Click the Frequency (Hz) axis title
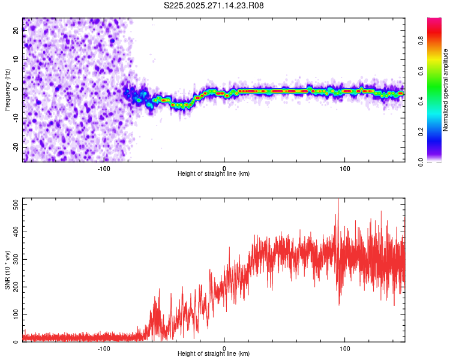tap(7, 89)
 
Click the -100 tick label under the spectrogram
tap(104, 169)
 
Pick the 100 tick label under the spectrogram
tap(344, 169)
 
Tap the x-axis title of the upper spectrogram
tap(214, 174)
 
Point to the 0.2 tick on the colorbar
tap(421, 131)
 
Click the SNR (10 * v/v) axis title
tap(7, 270)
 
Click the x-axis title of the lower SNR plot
tap(214, 354)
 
